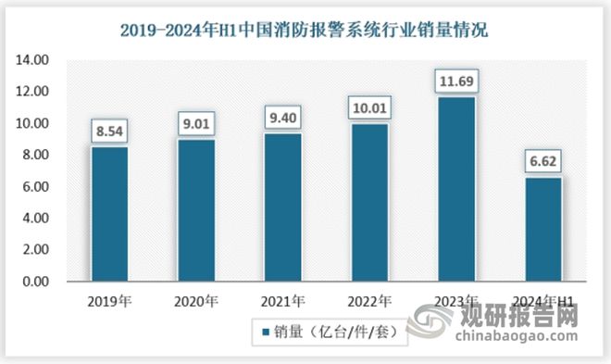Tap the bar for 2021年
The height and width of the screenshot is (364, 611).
pyautogui.click(x=282, y=207)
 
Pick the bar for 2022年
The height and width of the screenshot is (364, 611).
pyautogui.click(x=368, y=203)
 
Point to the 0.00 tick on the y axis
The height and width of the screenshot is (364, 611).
pyautogui.click(x=36, y=282)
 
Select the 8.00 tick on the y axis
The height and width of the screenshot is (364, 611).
pyautogui.click(x=36, y=156)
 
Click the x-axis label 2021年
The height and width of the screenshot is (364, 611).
pyautogui.click(x=282, y=300)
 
